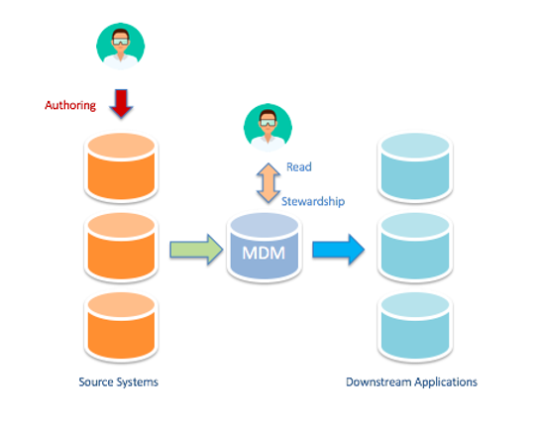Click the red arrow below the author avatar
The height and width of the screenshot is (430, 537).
point(121,103)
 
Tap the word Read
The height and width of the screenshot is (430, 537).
point(299,167)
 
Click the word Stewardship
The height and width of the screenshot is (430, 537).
point(313,201)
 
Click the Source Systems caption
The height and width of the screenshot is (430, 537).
point(118,381)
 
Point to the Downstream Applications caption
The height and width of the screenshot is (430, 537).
point(411,381)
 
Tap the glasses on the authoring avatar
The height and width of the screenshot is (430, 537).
point(120,40)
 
